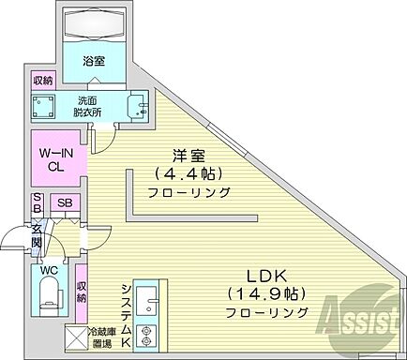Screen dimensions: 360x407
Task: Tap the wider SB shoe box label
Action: click(65, 202)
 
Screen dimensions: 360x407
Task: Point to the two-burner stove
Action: click(147, 336)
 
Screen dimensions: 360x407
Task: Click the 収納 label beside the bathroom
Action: click(43, 81)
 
